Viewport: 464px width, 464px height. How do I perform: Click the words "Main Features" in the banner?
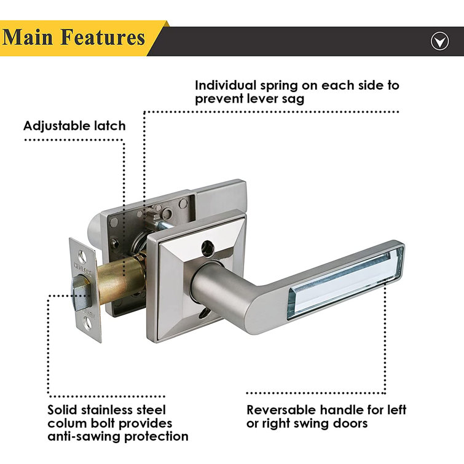74,37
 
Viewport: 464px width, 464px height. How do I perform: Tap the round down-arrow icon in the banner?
439,41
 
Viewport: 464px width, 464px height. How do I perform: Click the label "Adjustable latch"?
74,126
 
